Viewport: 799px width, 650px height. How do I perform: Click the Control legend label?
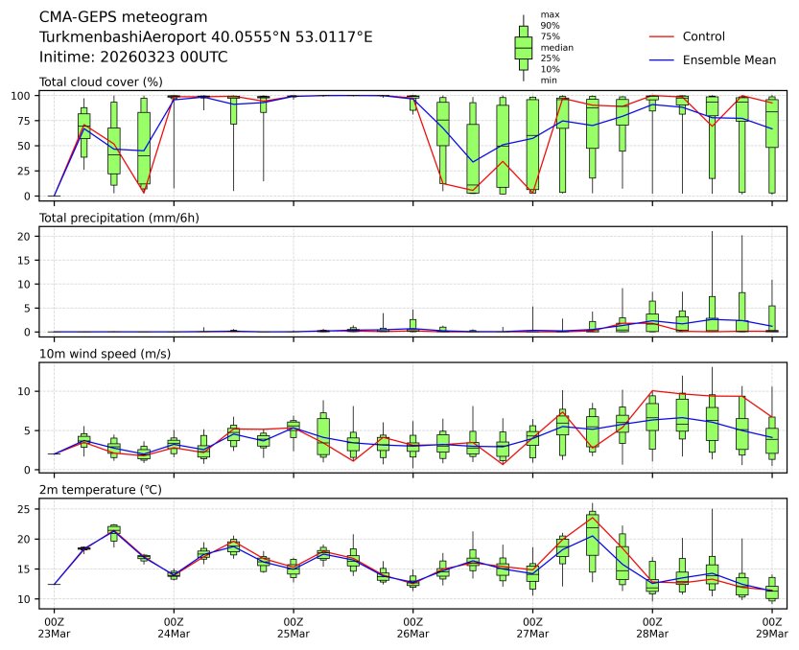(703, 36)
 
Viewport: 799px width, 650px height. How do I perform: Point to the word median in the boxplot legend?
(557, 47)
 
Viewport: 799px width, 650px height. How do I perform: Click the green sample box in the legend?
(523, 47)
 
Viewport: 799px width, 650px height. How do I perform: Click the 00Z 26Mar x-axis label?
(413, 628)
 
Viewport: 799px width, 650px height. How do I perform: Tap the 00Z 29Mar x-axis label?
(772, 628)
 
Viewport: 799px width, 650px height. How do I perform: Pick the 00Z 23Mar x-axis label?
(54, 628)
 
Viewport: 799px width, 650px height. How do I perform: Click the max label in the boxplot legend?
(550, 15)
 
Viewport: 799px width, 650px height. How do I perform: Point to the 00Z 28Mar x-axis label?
(652, 628)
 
